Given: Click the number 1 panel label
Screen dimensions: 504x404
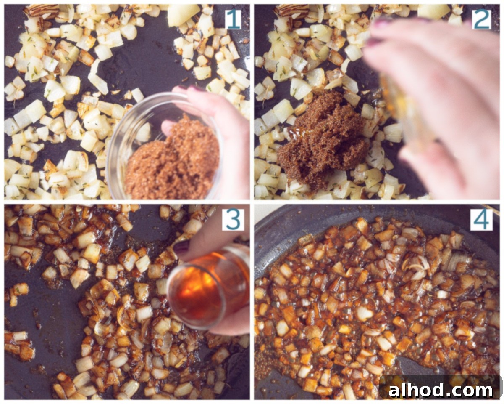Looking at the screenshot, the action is point(233,20).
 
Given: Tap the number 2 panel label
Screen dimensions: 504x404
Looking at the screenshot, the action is point(481,20).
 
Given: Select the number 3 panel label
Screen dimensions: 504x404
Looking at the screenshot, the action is point(233,220).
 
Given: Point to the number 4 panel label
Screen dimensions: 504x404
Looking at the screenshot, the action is point(481,220).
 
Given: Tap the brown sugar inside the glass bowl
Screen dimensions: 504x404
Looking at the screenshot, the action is point(172,162).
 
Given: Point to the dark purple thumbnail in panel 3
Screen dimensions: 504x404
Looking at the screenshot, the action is point(182,247).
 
